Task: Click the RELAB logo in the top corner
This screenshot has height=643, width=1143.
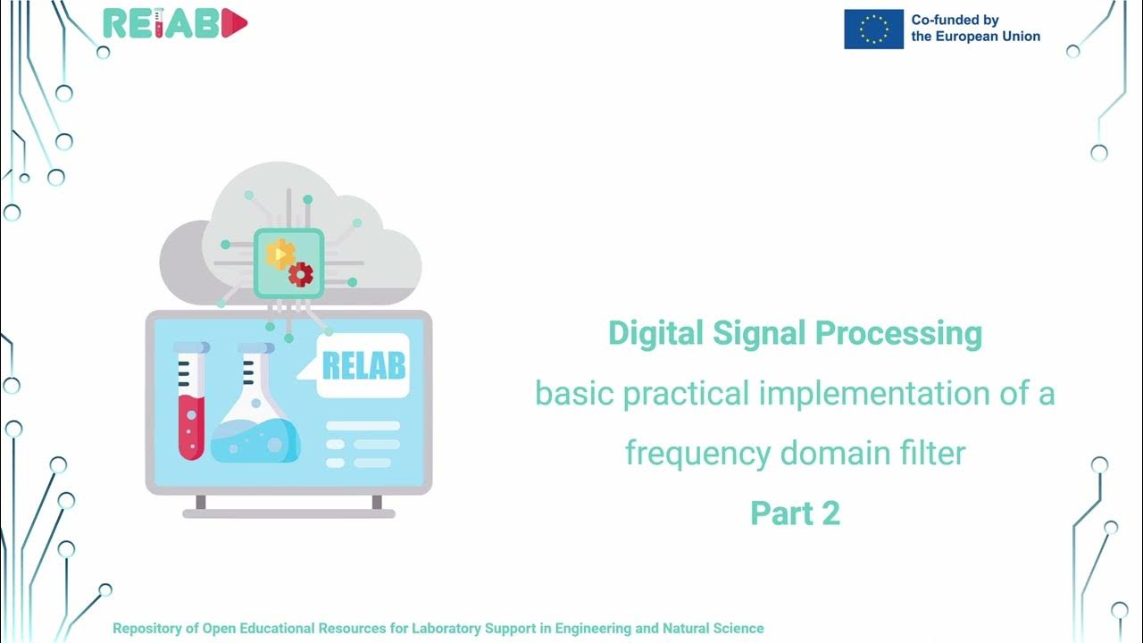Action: [x=175, y=24]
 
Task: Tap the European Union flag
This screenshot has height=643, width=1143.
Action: [x=873, y=29]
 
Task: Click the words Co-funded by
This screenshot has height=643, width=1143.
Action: [x=955, y=20]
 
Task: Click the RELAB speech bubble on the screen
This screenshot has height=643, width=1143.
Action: [x=363, y=365]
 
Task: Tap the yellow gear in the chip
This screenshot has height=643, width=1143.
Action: [x=280, y=255]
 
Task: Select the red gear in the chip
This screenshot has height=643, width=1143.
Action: [x=301, y=274]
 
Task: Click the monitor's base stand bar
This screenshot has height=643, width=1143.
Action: [x=288, y=514]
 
